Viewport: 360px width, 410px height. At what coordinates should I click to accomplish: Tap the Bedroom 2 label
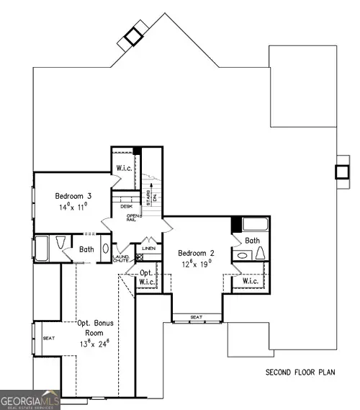(x=196, y=253)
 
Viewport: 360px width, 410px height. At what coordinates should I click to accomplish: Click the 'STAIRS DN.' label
(x=148, y=195)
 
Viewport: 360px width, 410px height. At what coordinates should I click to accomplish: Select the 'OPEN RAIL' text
(x=132, y=217)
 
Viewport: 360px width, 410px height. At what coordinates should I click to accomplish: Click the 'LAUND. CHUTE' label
(x=120, y=258)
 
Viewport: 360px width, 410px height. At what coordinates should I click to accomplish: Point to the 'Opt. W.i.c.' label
(x=146, y=277)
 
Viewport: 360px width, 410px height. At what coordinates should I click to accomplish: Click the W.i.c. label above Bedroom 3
(x=123, y=169)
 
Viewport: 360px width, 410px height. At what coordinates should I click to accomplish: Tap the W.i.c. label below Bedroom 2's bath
(x=251, y=281)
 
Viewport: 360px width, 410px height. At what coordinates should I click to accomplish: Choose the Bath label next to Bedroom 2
(x=252, y=241)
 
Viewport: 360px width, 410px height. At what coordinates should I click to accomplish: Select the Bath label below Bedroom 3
(x=86, y=249)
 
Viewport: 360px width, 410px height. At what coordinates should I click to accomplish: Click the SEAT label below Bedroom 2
(x=196, y=316)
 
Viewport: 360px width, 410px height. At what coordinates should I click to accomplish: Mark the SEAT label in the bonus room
(x=49, y=337)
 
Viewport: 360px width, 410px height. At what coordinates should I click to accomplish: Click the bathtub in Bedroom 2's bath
(x=253, y=223)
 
